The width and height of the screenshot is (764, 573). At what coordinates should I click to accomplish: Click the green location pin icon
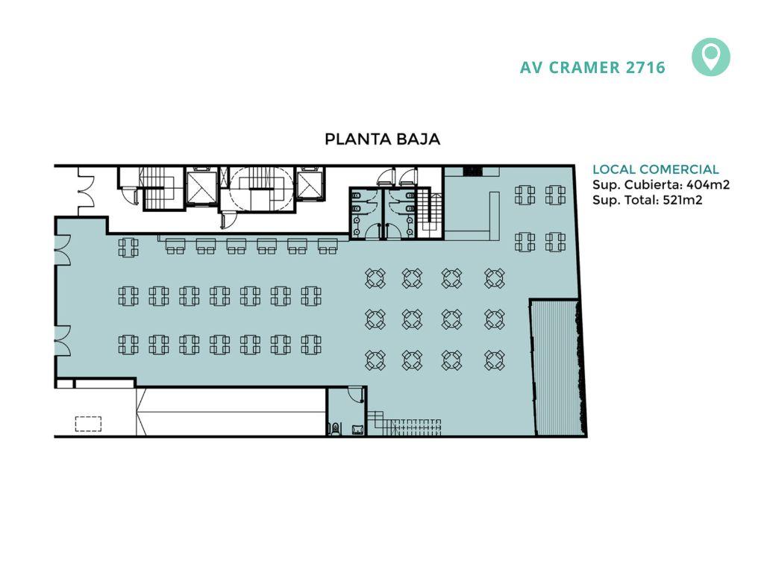click(711, 57)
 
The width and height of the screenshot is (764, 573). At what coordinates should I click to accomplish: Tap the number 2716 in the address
click(645, 67)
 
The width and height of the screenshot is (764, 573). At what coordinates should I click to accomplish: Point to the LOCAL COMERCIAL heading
click(655, 169)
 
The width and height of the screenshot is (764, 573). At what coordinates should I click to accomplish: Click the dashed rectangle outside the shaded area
click(88, 424)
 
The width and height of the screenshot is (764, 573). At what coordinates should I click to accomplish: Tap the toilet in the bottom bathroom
click(336, 428)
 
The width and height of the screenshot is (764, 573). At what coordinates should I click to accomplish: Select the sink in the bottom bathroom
click(357, 429)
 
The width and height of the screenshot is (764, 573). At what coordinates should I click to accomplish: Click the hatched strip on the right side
click(555, 368)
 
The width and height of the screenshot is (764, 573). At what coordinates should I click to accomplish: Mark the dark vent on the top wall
click(472, 171)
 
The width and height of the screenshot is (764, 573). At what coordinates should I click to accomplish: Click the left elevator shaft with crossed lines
click(201, 187)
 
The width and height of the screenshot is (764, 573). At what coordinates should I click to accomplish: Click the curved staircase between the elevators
click(257, 188)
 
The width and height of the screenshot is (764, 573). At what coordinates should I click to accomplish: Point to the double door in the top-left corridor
click(86, 191)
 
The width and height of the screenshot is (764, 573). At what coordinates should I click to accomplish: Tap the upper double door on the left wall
click(63, 251)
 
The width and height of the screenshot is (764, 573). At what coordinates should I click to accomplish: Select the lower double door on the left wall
click(63, 340)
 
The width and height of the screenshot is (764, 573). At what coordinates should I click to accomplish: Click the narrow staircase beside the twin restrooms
click(431, 212)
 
